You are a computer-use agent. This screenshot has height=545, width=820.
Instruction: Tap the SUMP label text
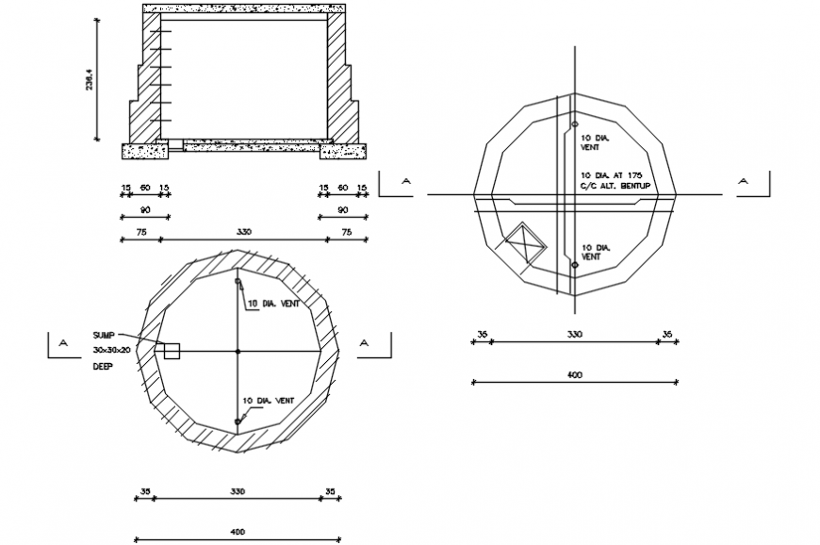104,336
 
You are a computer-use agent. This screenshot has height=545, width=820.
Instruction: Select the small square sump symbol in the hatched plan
172,351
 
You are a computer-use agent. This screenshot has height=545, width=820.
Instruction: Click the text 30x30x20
111,350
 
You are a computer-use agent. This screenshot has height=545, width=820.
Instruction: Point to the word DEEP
102,366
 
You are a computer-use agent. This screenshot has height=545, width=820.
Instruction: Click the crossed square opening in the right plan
526,242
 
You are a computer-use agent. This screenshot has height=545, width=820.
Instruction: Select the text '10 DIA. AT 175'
611,175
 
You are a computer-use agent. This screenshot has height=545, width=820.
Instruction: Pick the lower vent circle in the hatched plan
238,422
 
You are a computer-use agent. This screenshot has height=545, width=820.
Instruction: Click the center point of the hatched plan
238,351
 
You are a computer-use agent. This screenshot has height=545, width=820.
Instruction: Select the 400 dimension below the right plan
574,375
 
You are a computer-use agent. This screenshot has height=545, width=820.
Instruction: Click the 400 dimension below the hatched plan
238,533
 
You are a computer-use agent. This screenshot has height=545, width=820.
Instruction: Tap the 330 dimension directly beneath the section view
243,232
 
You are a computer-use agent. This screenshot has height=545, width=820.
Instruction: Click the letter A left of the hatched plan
63,343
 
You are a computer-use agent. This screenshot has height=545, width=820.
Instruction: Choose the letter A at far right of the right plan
743,180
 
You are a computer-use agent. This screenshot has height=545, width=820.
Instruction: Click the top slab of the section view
243,8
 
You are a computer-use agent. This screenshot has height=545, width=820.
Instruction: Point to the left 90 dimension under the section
145,209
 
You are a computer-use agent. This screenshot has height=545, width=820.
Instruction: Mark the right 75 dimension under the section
346,232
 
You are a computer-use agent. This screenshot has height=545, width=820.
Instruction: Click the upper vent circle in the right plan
574,124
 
